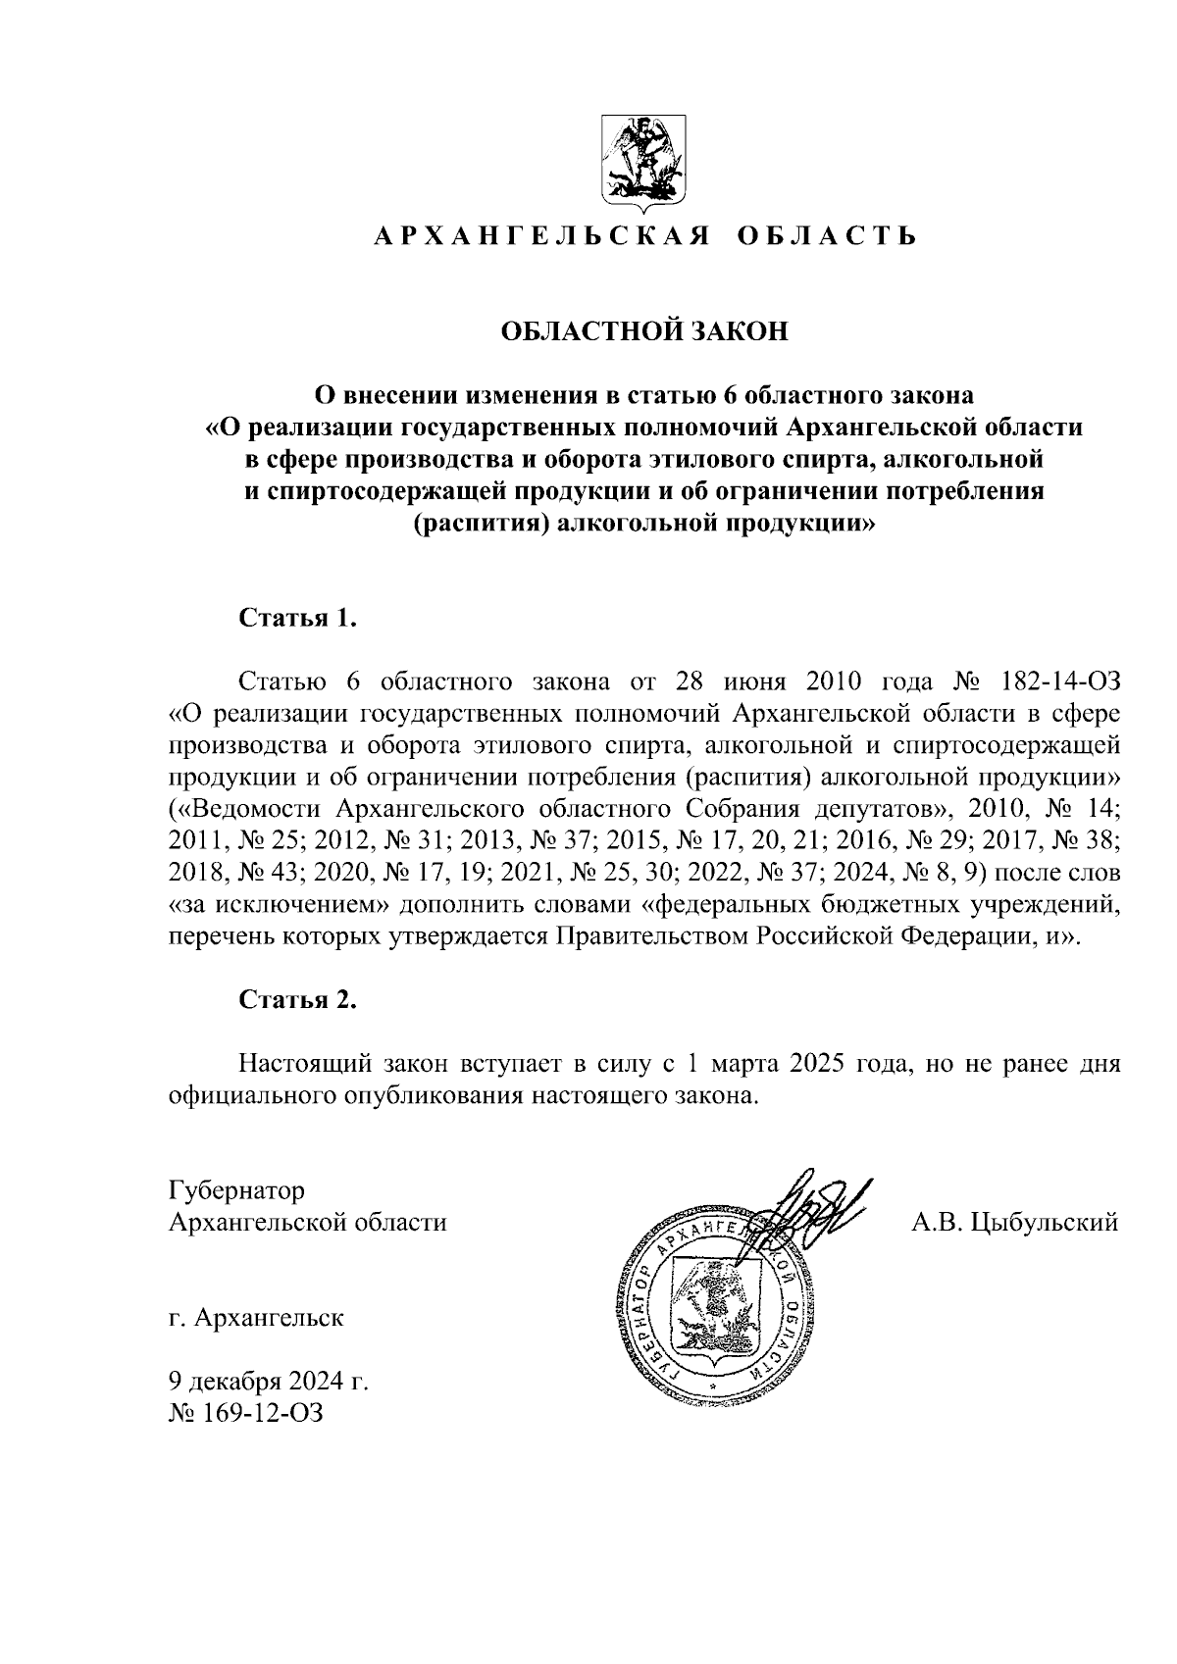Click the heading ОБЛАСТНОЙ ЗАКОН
point(644,331)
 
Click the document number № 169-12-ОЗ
point(245,1413)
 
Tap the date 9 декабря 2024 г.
point(269,1382)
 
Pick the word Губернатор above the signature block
point(237,1190)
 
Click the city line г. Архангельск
point(256,1317)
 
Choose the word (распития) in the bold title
point(479,525)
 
